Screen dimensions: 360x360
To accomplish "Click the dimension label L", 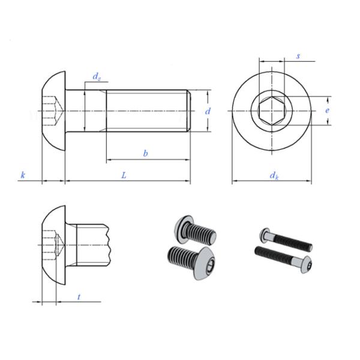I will (x=124, y=175).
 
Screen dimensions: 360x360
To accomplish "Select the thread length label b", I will (x=145, y=154).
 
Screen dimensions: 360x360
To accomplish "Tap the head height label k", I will (x=23, y=175).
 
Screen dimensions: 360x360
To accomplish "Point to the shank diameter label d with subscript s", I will (x=96, y=76).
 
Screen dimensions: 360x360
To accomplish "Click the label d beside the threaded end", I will (x=208, y=111).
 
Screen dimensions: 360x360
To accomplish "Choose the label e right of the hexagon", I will (x=327, y=111).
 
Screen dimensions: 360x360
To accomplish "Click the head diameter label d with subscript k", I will (x=274, y=175).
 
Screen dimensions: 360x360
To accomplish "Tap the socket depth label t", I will (x=79, y=297).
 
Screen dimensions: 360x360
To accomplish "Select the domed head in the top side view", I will (x=53, y=111).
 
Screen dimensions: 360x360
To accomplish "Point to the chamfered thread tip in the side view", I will (x=188, y=111).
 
